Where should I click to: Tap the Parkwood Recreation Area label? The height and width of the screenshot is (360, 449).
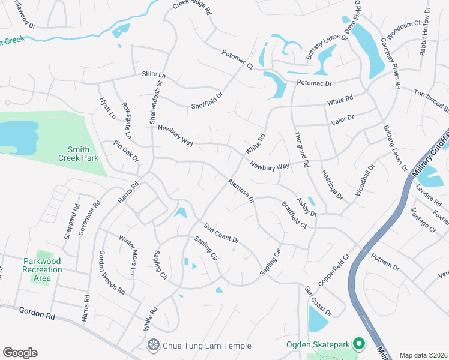point(43,266)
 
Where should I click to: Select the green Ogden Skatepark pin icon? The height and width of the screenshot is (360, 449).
point(359,344)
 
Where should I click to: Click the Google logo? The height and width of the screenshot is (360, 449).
point(20,353)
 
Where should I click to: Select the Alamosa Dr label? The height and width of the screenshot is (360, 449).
point(241,190)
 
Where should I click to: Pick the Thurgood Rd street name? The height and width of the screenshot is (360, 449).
point(301,149)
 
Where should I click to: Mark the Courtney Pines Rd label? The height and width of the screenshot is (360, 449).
point(390,63)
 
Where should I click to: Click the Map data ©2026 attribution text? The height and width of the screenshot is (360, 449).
point(423,355)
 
